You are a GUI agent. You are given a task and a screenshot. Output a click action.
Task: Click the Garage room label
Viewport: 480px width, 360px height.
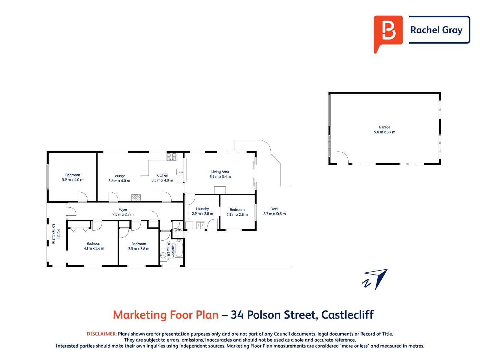click(x=384, y=127)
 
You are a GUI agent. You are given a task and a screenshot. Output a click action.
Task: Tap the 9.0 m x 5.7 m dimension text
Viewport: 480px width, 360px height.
click(x=384, y=132)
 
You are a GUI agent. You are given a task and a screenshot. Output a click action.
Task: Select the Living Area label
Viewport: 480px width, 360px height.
click(x=220, y=172)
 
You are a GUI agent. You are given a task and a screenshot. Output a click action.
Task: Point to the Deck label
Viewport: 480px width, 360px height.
click(x=274, y=209)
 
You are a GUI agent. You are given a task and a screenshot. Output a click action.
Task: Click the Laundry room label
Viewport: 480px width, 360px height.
click(x=202, y=209)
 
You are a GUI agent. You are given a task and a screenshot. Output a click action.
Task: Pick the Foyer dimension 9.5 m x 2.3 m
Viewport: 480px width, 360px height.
click(x=123, y=214)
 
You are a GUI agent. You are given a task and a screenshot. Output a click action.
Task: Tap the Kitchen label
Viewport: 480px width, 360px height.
click(x=162, y=175)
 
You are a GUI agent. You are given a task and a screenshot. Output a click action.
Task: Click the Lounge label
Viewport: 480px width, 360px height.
click(x=119, y=176)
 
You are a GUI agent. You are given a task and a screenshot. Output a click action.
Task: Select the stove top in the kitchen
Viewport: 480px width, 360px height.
click(x=171, y=157)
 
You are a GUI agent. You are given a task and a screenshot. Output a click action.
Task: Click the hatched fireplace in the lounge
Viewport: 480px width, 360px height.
click(x=136, y=198)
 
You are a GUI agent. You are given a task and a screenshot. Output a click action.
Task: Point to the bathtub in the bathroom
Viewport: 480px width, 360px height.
click(x=179, y=248)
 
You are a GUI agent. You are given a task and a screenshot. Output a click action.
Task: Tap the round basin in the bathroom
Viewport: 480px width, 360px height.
click(x=163, y=255)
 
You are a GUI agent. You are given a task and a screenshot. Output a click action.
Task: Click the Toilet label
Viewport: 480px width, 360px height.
click(x=178, y=229)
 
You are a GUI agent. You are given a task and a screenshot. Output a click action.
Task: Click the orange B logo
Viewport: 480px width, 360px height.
click(x=388, y=34)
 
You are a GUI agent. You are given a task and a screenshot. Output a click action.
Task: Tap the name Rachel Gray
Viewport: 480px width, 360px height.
click(x=436, y=30)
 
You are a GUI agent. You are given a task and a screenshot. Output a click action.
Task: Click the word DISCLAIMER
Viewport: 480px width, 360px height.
click(x=102, y=334)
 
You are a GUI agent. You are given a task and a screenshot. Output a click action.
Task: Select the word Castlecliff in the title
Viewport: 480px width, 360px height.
click(x=347, y=315)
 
